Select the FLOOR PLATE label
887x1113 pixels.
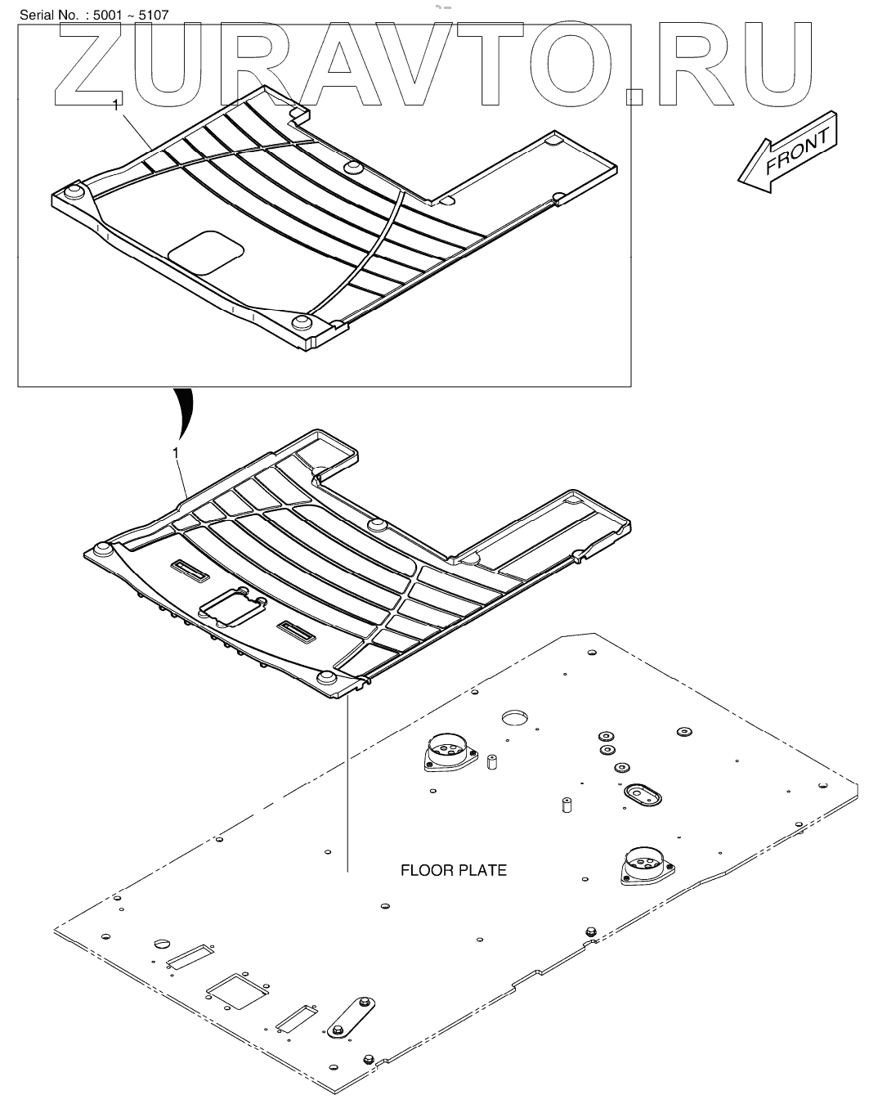pos(453,870)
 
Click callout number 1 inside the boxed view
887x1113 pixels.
pos(116,105)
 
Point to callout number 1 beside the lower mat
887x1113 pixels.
pos(176,452)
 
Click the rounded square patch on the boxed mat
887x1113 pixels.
pos(208,251)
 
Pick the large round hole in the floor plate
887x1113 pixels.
pos(517,719)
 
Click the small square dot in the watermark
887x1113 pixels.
pos(634,96)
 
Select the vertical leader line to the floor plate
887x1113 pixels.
pos(347,785)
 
